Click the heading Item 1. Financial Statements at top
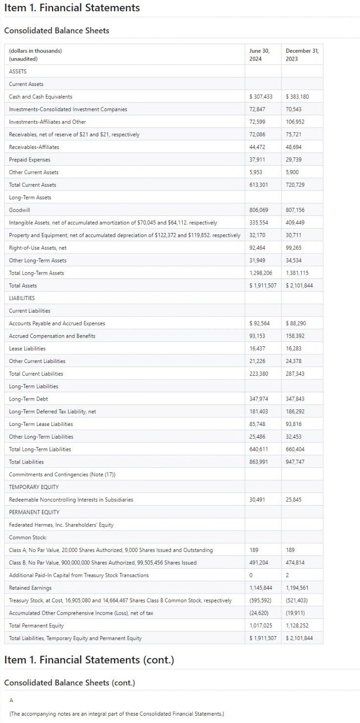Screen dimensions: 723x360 click(72, 8)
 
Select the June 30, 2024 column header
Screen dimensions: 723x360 click(259, 55)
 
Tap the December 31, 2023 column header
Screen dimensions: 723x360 click(302, 55)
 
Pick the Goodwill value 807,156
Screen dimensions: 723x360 click(295, 210)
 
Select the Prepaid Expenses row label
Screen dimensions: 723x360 click(30, 160)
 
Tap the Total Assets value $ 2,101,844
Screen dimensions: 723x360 click(299, 286)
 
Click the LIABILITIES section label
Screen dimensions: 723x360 click(22, 298)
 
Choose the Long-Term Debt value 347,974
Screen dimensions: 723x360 click(259, 399)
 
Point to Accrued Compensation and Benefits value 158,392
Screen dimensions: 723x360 click(295, 336)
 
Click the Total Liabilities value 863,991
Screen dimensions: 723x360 click(259, 462)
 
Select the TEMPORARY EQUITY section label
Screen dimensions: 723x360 click(34, 487)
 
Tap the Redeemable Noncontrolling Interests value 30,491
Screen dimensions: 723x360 click(257, 500)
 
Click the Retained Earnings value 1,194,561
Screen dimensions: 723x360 click(297, 588)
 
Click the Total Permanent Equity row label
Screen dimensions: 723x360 click(36, 626)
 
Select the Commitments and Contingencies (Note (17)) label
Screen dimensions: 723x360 click(62, 475)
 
